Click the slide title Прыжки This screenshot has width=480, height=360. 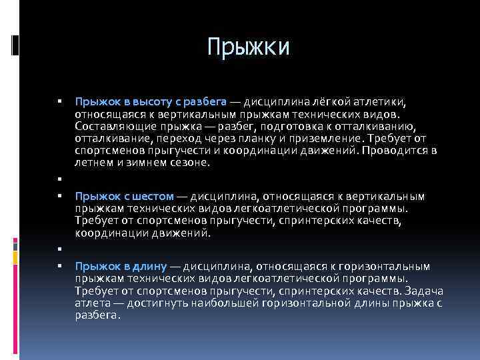coord(247,47)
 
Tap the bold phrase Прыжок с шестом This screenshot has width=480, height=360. coord(125,197)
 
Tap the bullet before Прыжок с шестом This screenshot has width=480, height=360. coord(59,197)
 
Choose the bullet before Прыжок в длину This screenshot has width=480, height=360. coord(59,267)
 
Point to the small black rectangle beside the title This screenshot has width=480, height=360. coord(15,45)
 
